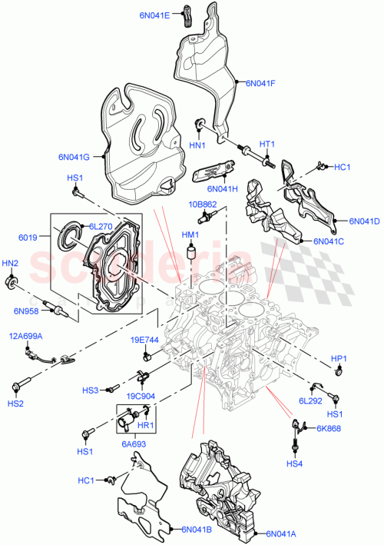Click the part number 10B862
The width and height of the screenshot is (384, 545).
pyautogui.click(x=204, y=204)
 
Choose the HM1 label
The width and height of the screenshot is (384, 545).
pyautogui.click(x=190, y=234)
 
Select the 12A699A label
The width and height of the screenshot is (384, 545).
pyautogui.click(x=26, y=337)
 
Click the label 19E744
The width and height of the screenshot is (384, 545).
pyautogui.click(x=144, y=340)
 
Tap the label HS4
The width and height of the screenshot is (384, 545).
pyautogui.click(x=295, y=464)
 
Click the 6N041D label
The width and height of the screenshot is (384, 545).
pyautogui.click(x=365, y=221)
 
